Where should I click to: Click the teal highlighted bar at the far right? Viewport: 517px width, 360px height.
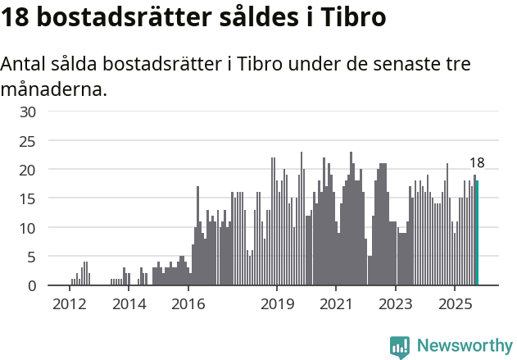point(478,233)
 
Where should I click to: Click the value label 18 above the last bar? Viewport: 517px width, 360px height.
point(477,163)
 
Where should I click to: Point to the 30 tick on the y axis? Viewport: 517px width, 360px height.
point(28,112)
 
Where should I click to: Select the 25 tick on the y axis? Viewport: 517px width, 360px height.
point(28,140)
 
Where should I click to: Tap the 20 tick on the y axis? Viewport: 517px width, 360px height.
point(28,170)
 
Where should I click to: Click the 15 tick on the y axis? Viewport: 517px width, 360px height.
point(28,198)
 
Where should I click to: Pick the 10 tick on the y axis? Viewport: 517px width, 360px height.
point(28,227)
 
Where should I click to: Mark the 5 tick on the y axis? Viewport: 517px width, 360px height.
point(32,257)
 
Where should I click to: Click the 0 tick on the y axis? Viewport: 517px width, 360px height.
point(32,285)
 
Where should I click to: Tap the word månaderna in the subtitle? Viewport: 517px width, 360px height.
point(54,89)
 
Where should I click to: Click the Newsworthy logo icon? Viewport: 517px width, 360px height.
point(400,347)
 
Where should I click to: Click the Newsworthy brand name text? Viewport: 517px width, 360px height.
point(465,347)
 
